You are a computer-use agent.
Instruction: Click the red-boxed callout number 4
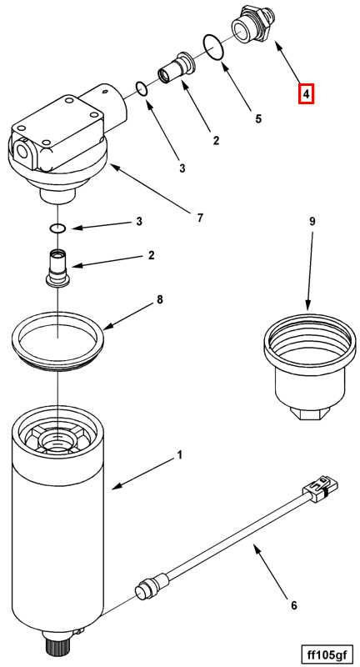coord(306,93)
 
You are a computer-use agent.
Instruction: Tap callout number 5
coord(258,118)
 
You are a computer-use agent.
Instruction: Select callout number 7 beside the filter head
coord(200,218)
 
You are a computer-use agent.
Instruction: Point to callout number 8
coord(159,299)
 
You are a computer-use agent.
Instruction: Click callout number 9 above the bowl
coord(312,221)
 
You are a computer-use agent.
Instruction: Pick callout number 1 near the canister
coord(179,455)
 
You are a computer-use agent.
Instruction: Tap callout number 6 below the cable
coord(293,604)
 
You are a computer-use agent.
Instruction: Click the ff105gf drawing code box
coord(326,653)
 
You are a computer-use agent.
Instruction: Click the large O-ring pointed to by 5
coord(214,47)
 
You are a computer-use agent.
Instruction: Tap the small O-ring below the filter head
coord(57,228)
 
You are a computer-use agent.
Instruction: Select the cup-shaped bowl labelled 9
coord(307,367)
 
